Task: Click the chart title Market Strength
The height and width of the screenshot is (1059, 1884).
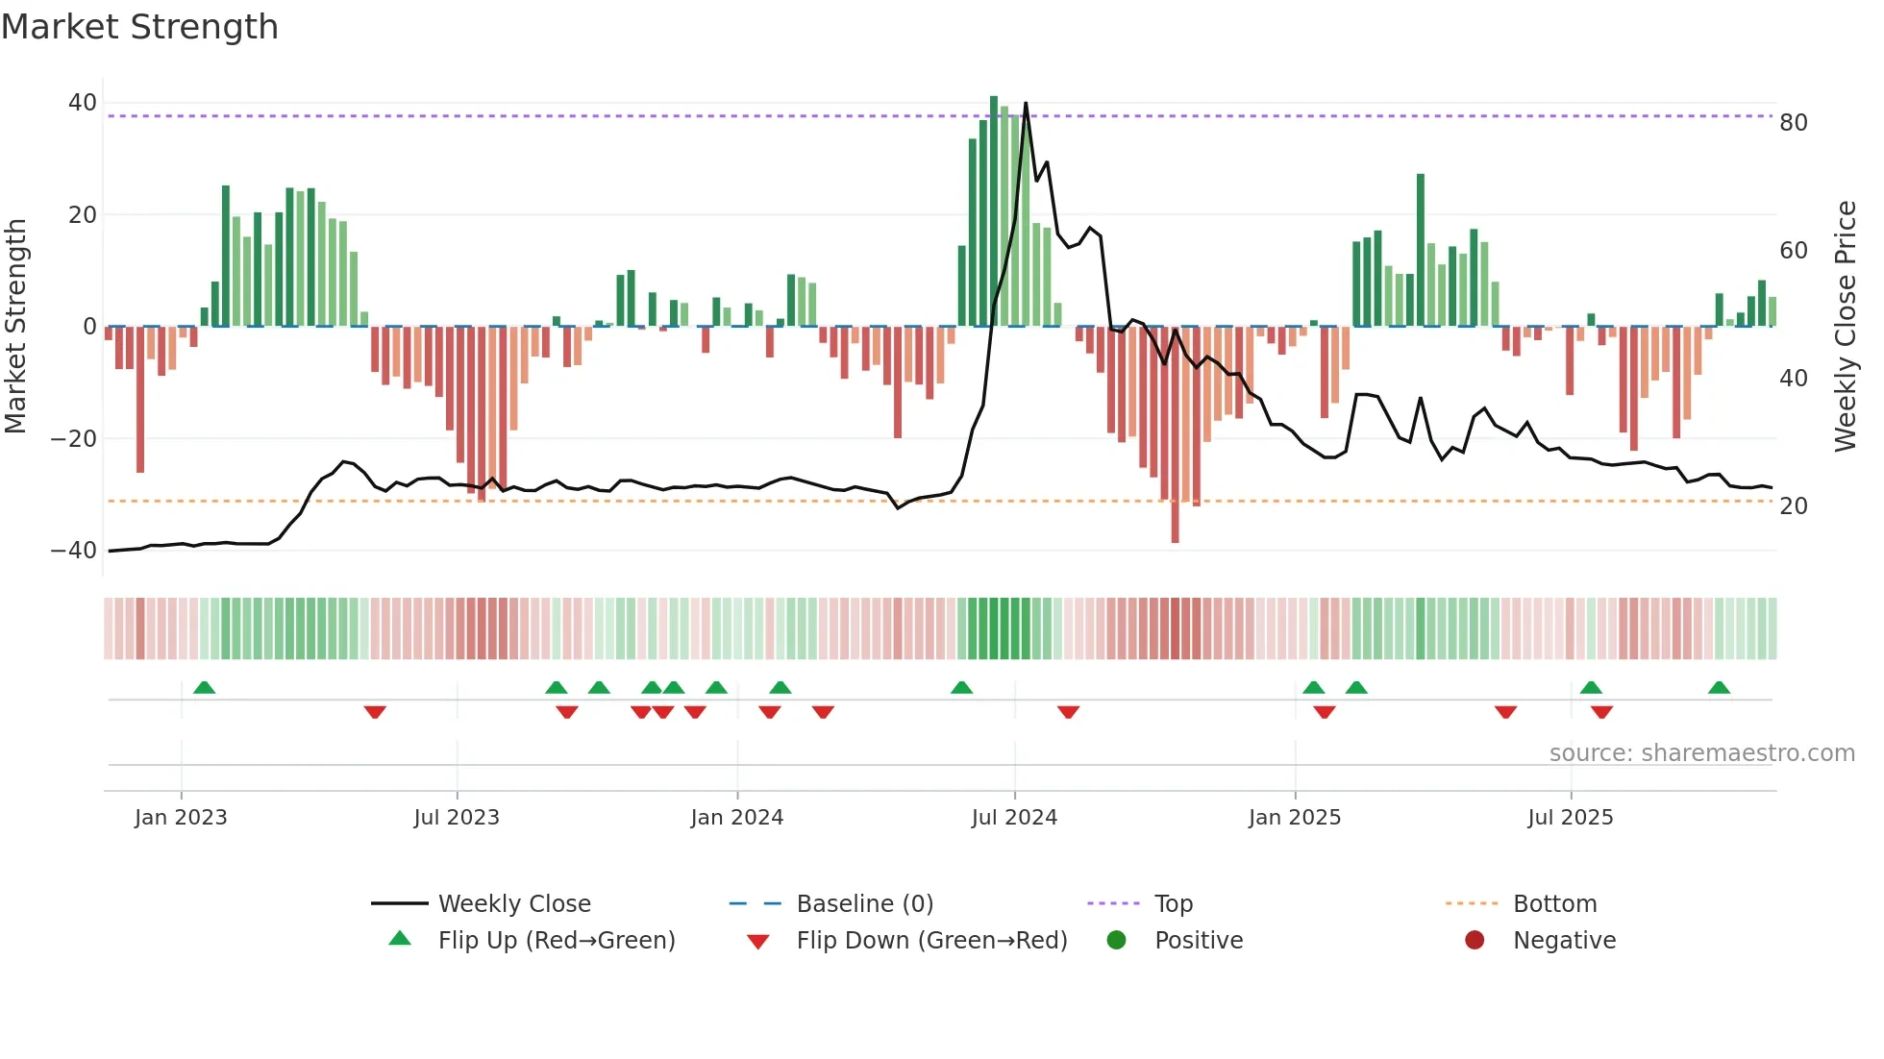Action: click(x=139, y=27)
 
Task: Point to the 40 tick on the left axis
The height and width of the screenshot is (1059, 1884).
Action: click(x=83, y=103)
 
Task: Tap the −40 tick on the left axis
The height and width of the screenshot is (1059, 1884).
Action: click(x=74, y=551)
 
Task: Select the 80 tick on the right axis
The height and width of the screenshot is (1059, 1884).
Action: click(x=1794, y=123)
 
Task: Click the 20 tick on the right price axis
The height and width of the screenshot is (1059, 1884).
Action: click(x=1794, y=506)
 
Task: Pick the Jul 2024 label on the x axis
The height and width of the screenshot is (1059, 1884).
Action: click(x=1014, y=818)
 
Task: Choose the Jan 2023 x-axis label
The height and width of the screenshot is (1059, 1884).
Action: click(x=181, y=818)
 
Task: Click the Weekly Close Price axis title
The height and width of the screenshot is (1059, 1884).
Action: click(x=1846, y=327)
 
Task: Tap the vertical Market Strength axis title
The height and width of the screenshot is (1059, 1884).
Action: click(x=15, y=327)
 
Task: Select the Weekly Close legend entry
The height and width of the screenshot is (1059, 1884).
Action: click(x=514, y=904)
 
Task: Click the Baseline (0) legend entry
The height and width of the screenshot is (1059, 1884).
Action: click(x=864, y=904)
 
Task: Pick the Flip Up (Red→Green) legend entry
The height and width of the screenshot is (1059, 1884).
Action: click(x=557, y=941)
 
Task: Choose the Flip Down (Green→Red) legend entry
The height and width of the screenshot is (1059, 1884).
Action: click(x=931, y=941)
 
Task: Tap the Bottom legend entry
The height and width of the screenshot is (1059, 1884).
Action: click(x=1554, y=904)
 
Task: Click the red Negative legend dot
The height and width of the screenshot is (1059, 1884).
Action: click(x=1475, y=940)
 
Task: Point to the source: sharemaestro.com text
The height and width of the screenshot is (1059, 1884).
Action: click(x=1701, y=753)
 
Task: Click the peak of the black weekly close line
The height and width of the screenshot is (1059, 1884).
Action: click(x=1026, y=103)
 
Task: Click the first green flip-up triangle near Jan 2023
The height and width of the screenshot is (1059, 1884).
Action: click(x=204, y=687)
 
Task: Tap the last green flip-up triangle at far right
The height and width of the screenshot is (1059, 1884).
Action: click(x=1719, y=687)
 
